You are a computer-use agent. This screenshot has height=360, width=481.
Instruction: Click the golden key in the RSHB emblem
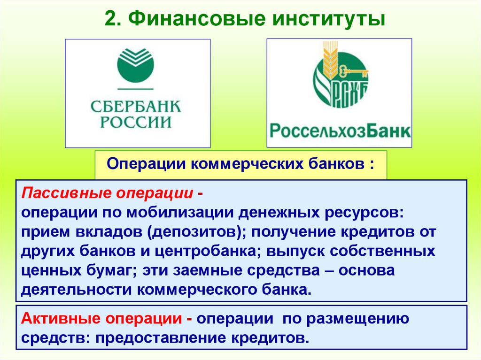355,71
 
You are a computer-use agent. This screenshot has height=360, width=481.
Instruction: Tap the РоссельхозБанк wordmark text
339,130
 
